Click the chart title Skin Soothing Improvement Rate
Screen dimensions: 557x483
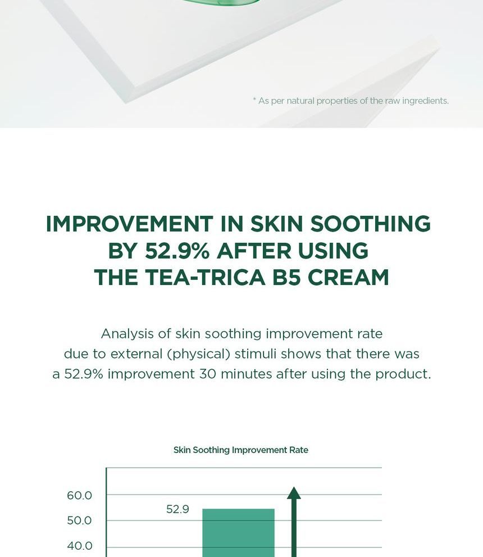240,450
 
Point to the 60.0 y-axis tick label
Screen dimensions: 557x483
79,496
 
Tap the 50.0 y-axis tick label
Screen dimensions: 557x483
79,521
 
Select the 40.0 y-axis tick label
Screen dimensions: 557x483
79,546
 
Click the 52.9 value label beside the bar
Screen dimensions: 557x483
177,510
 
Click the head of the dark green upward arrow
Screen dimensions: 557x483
294,493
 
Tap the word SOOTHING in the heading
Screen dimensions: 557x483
371,224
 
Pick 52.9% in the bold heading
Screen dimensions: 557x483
177,251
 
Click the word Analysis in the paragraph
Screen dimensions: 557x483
127,334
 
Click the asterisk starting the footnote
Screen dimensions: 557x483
254,100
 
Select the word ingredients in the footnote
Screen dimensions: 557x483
425,101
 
